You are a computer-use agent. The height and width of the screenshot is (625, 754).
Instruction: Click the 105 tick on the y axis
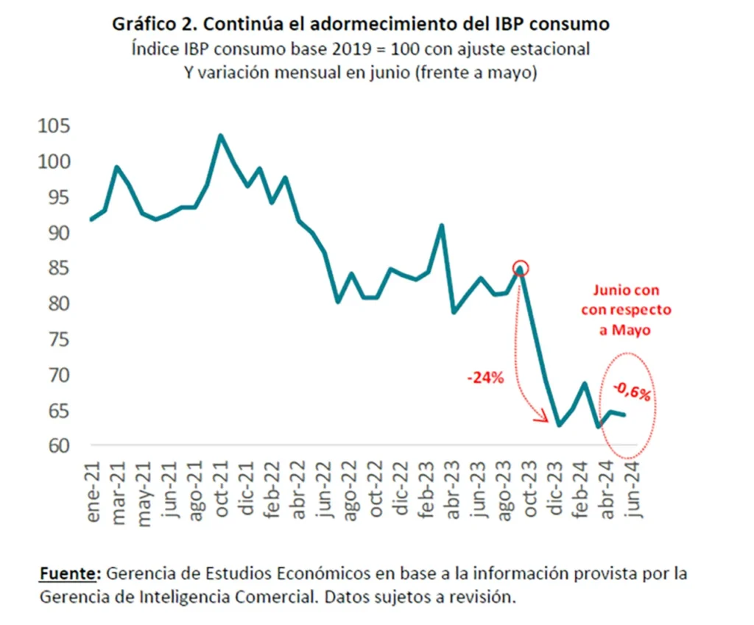click(x=55, y=126)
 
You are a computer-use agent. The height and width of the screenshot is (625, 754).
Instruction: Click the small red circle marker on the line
click(x=521, y=268)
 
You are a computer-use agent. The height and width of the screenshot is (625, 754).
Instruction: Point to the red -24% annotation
click(x=485, y=378)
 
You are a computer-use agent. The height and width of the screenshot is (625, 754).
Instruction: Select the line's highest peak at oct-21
click(x=220, y=135)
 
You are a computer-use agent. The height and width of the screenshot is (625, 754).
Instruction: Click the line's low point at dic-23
click(x=560, y=425)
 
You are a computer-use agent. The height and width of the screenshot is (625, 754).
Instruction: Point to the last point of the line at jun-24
click(x=625, y=415)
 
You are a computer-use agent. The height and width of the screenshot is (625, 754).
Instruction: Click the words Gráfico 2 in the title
click(x=153, y=24)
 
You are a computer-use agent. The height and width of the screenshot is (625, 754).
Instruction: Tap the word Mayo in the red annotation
click(x=625, y=331)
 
